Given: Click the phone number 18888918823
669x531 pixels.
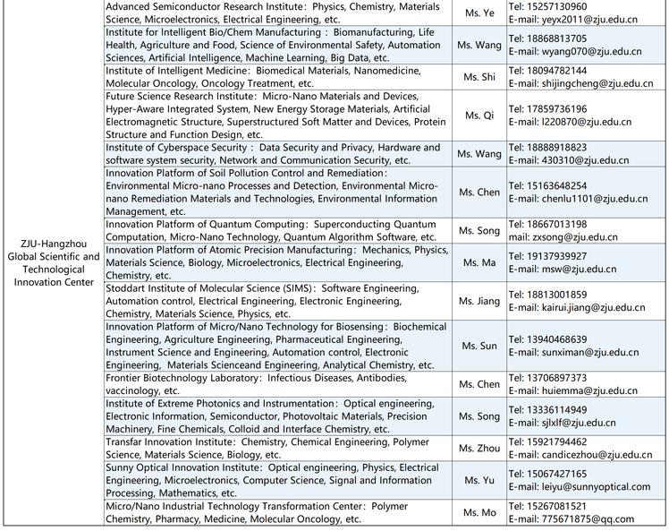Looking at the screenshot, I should tap(555, 148).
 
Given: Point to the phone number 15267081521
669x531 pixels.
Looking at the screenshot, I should tap(555, 506).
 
